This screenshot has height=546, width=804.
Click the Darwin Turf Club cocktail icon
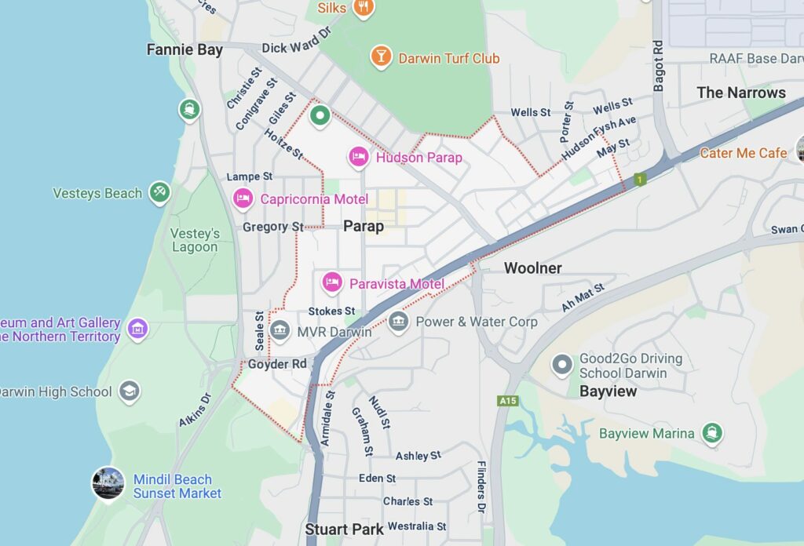pos(381,56)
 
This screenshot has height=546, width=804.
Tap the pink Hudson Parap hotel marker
pos(359,157)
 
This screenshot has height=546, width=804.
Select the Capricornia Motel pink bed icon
pos(243,198)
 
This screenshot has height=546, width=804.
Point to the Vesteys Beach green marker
pos(159,191)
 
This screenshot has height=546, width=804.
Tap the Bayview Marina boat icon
pos(712,433)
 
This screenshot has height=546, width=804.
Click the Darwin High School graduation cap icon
pos(130,391)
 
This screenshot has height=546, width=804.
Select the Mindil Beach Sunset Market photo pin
pos(108,483)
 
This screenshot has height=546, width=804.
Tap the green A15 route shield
pos(507,401)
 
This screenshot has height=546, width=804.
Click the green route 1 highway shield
pos(640,180)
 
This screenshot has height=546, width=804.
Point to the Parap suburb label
pos(364,226)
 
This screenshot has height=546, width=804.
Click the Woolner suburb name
pos(532,268)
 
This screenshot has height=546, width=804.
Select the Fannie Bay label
pos(185,49)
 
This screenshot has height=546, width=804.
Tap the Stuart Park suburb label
pos(344,529)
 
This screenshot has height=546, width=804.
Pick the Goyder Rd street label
pos(277,364)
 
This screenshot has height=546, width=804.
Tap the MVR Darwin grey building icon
pos(280,331)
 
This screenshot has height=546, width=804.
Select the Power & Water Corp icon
pos(399,321)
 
